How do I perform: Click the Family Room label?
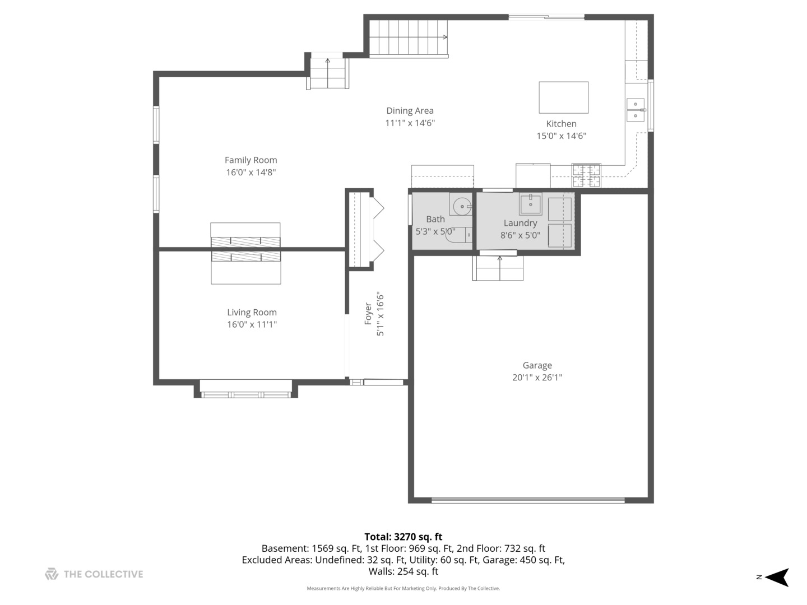(x=251, y=160)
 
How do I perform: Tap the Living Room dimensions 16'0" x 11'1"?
(x=252, y=324)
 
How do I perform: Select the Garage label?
(x=537, y=365)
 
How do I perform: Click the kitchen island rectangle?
(x=563, y=97)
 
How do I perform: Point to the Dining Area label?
(x=410, y=111)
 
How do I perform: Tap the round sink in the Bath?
(x=462, y=206)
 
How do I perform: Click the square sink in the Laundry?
(x=530, y=205)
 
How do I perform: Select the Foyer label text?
(x=368, y=314)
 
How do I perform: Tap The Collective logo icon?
(x=52, y=574)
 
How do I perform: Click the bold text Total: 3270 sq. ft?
(x=403, y=537)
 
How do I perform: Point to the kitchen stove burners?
(x=586, y=175)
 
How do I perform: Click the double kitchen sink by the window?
(x=635, y=109)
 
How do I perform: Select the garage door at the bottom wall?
(x=528, y=500)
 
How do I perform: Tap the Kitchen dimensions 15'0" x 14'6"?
(x=561, y=136)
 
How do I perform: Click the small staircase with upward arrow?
(x=328, y=73)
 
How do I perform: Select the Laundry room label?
(x=520, y=223)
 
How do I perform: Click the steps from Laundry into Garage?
(x=499, y=269)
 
